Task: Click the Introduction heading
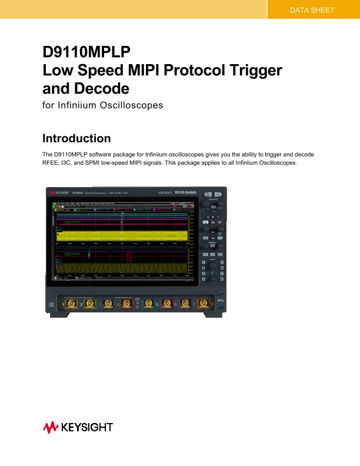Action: coord(76,139)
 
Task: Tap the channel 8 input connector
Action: coord(204,304)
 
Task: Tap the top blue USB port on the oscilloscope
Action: coord(221,294)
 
